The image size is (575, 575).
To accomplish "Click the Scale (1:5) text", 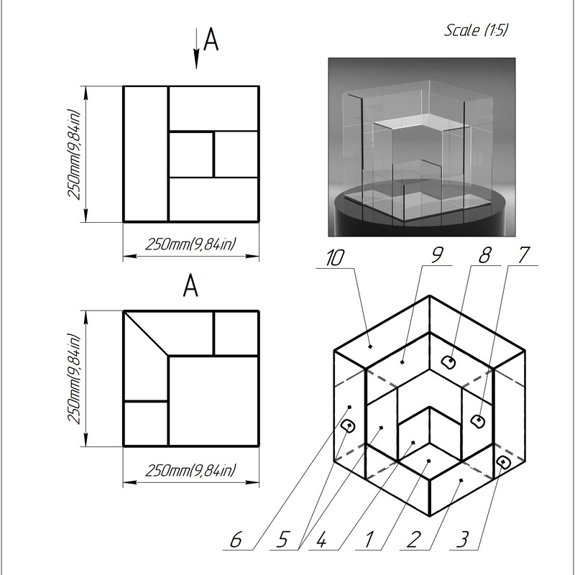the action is click(476, 29).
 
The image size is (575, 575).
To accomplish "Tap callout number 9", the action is click(436, 255).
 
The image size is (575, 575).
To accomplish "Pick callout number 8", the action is click(484, 255).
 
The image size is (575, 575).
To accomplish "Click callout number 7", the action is click(524, 255).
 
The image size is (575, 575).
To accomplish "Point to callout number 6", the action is click(236, 540).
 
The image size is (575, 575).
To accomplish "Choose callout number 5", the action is click(282, 540).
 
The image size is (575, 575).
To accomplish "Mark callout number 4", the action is click(321, 540).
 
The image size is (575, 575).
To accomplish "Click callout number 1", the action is click(369, 540).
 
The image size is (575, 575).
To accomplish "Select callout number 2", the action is click(413, 540).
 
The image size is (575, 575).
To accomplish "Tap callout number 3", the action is click(463, 540).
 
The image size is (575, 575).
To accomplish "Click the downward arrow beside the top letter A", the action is click(196, 48).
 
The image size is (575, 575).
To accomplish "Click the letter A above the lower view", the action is click(190, 285).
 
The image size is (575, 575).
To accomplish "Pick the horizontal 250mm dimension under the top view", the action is click(190, 256).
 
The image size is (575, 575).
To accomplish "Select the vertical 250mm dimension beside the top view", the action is click(86, 154).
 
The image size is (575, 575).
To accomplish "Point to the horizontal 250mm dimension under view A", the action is click(190, 482).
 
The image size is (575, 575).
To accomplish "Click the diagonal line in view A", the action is click(146, 333).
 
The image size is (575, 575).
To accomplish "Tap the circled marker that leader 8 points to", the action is click(448, 362).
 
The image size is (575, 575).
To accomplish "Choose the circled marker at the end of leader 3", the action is click(504, 462).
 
